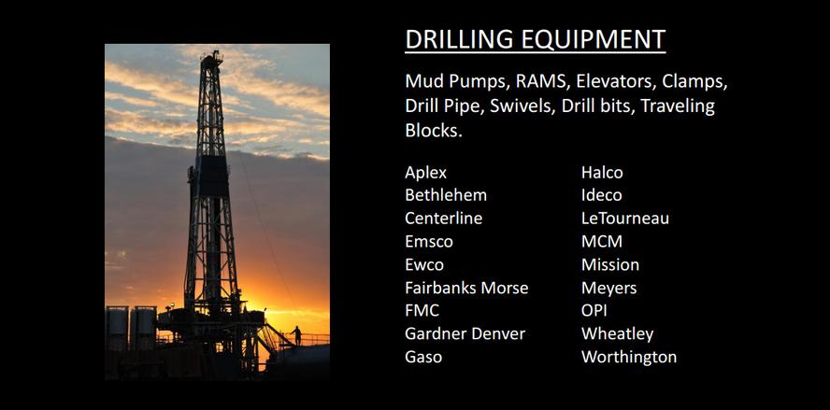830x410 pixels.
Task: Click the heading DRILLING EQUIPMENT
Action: pyautogui.click(x=536, y=39)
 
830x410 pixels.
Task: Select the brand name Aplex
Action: pyautogui.click(x=425, y=173)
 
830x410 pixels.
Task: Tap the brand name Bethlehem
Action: pyautogui.click(x=446, y=195)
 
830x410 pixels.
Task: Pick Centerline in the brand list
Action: pyautogui.click(x=444, y=219)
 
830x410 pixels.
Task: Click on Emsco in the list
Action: pyautogui.click(x=429, y=242)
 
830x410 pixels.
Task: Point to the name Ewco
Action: pyautogui.click(x=424, y=264)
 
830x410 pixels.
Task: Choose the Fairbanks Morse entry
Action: pyautogui.click(x=466, y=288)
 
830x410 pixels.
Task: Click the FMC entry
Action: pyautogui.click(x=422, y=311)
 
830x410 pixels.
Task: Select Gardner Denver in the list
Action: pyautogui.click(x=465, y=333)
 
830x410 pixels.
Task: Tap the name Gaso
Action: pyautogui.click(x=423, y=357)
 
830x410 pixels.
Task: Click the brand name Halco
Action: pyautogui.click(x=602, y=173)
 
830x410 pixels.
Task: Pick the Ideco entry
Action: pyautogui.click(x=601, y=195)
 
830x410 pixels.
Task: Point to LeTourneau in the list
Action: pyautogui.click(x=625, y=219)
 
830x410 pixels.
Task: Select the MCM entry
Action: pyautogui.click(x=602, y=242)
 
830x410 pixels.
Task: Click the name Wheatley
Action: pyautogui.click(x=617, y=334)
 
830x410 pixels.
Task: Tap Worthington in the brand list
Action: pyautogui.click(x=629, y=357)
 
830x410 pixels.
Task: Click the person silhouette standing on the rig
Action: pyautogui.click(x=297, y=336)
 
